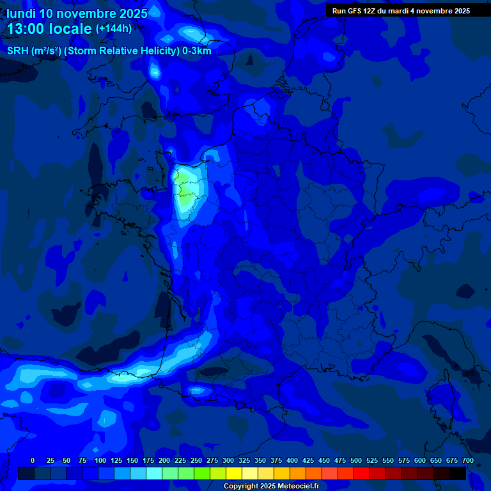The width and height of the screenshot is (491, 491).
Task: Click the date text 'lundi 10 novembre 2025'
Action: click(x=77, y=13)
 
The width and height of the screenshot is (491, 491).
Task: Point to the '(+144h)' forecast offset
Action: click(x=114, y=29)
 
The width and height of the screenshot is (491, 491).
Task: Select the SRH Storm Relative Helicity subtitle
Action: click(x=109, y=51)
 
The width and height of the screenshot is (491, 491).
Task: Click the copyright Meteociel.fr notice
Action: click(x=271, y=487)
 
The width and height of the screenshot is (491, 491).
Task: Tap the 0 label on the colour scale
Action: click(x=33, y=460)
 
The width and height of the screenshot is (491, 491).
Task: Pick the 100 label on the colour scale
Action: click(x=100, y=460)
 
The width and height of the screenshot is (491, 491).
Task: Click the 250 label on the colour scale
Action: click(x=196, y=460)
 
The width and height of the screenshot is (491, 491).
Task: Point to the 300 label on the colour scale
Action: click(x=228, y=460)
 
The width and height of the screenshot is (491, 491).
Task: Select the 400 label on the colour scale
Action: click(x=292, y=460)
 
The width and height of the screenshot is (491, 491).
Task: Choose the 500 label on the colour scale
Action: click(x=356, y=460)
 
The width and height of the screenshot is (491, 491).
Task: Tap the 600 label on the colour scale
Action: click(x=420, y=460)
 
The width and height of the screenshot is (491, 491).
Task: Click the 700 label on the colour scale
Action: click(x=467, y=460)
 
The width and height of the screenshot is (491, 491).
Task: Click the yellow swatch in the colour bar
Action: click(x=234, y=473)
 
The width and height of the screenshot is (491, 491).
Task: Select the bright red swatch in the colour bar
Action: click(x=362, y=473)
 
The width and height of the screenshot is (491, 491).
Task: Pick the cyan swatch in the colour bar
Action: click(x=154, y=473)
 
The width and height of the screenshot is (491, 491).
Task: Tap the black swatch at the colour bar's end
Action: click(x=458, y=473)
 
